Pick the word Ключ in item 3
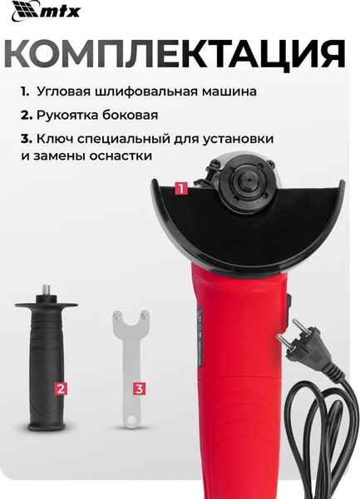(x=56, y=139)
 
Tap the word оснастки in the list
(x=124, y=156)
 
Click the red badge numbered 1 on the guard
(x=180, y=189)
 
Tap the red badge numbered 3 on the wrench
(x=139, y=388)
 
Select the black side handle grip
(x=48, y=366)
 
